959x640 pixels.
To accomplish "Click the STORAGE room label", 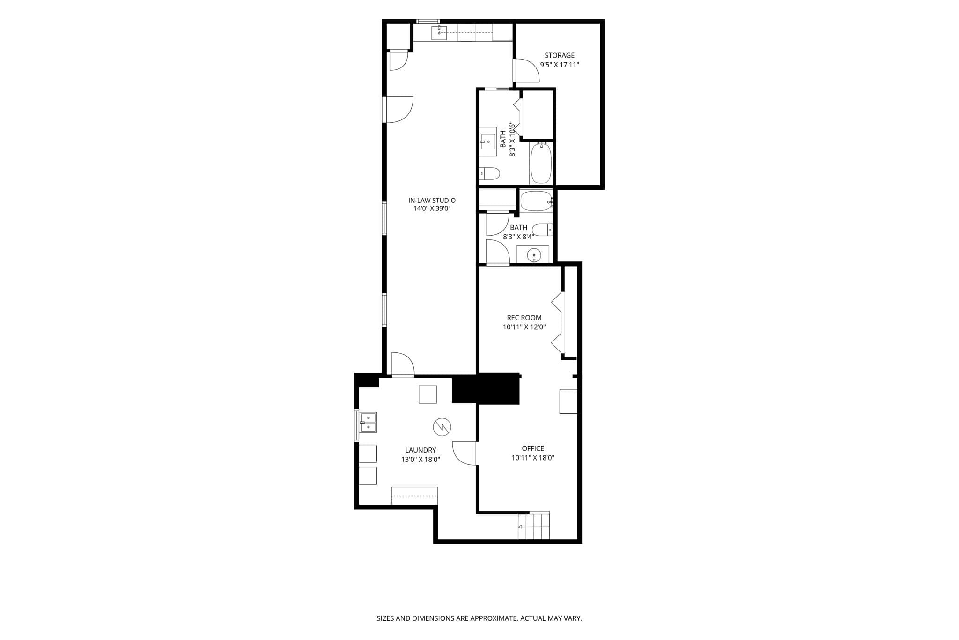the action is click(559, 55).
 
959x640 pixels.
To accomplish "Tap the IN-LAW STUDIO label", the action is click(432, 201).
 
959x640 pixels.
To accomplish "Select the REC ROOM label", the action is click(524, 318).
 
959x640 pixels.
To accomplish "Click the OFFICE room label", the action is click(533, 448).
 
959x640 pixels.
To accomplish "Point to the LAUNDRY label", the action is click(420, 450).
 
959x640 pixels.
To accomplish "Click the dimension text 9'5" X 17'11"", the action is click(560, 65).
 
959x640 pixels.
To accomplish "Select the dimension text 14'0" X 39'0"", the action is click(432, 209).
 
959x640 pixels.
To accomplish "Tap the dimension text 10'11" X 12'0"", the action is click(524, 327).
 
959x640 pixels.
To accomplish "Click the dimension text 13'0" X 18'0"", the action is click(420, 460).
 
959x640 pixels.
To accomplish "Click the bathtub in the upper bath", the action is click(541, 163).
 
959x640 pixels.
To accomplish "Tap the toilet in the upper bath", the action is click(489, 173).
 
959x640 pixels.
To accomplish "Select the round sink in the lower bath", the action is click(533, 255).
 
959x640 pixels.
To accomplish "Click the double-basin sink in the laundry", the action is click(368, 423).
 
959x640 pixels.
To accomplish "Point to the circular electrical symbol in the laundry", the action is click(442, 426).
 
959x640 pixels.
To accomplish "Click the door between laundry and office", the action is click(465, 453).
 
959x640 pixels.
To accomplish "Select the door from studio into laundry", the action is click(403, 365).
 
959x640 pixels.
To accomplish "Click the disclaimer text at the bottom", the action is click(479, 618).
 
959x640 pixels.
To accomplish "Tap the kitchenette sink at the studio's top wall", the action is click(439, 33).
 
